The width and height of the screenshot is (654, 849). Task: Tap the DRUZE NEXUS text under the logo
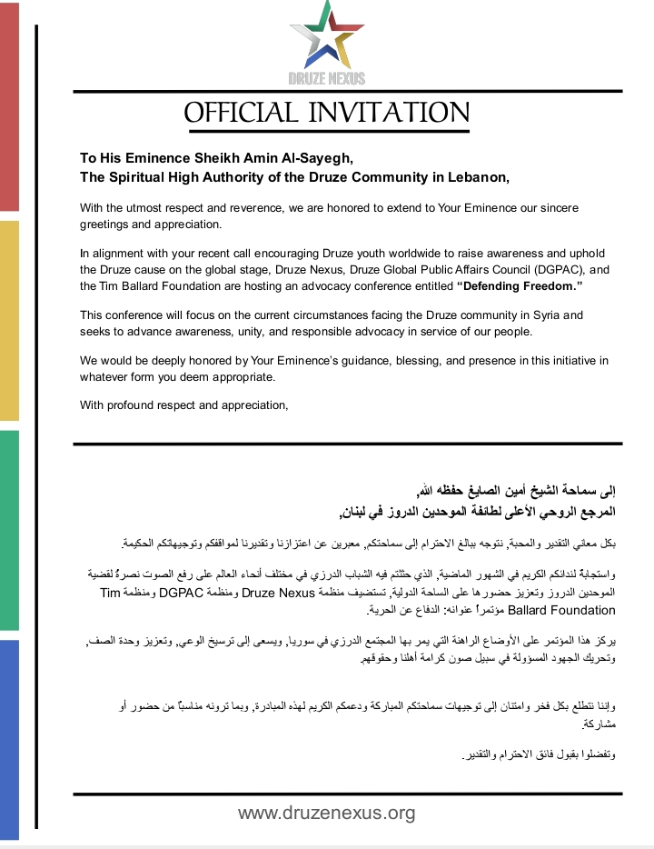click(x=326, y=79)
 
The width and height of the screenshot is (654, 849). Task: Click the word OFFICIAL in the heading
click(x=240, y=113)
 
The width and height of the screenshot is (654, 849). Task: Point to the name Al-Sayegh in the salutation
click(x=314, y=157)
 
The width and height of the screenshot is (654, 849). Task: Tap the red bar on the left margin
click(x=9, y=107)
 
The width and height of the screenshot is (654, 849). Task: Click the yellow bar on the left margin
click(x=9, y=320)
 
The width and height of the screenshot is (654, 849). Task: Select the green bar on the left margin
click(x=9, y=530)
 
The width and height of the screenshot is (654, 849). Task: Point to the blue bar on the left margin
click(x=9, y=738)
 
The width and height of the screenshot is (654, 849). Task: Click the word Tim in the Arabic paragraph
click(x=109, y=592)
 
